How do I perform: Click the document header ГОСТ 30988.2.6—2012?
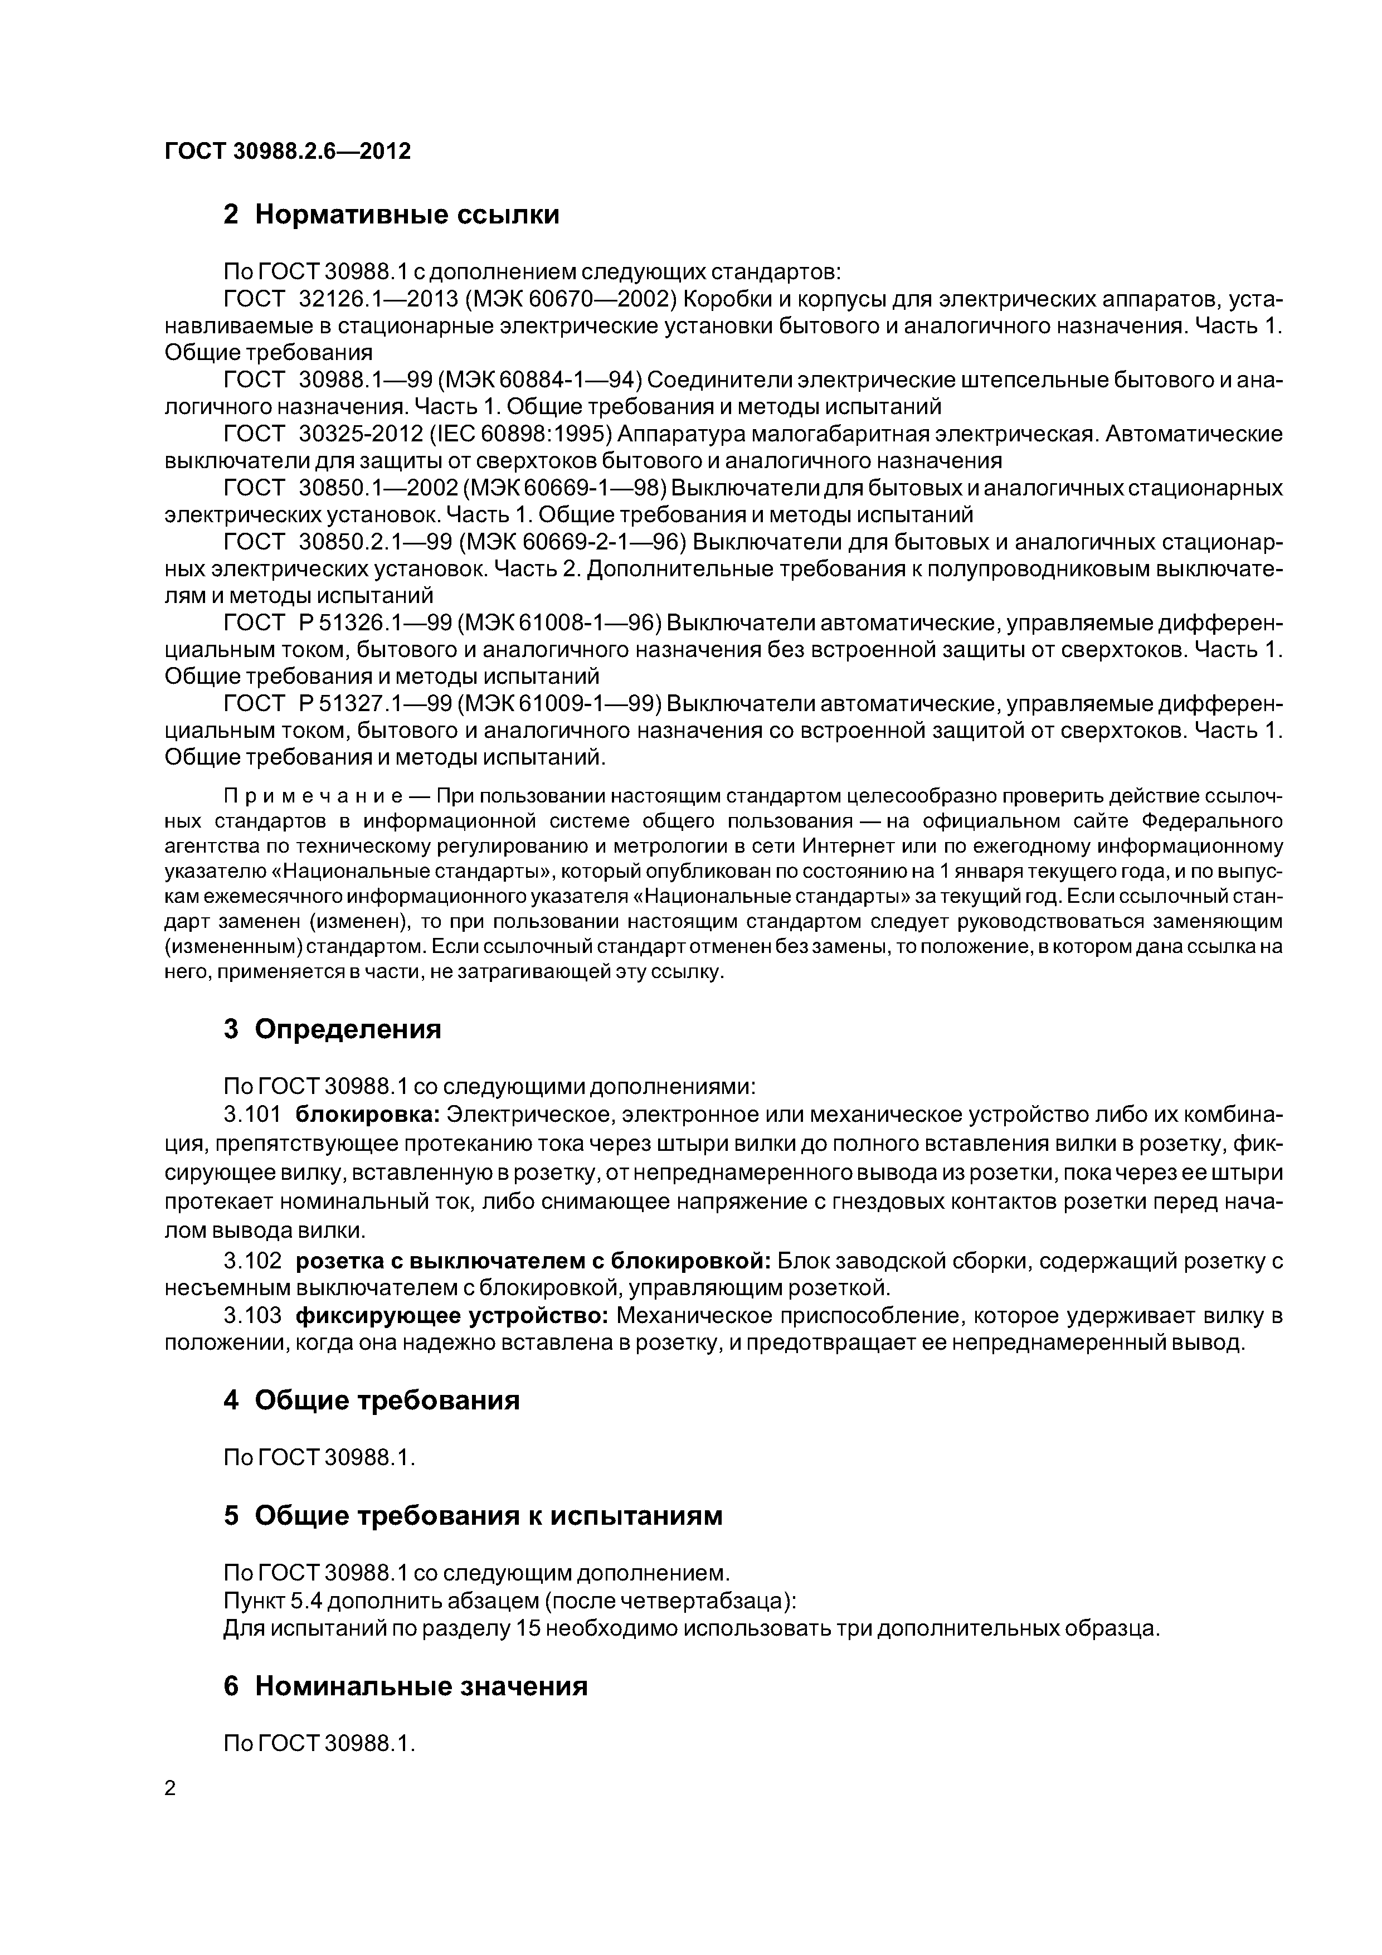[287, 152]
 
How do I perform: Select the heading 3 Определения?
[332, 1029]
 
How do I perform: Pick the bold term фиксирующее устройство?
[451, 1316]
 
